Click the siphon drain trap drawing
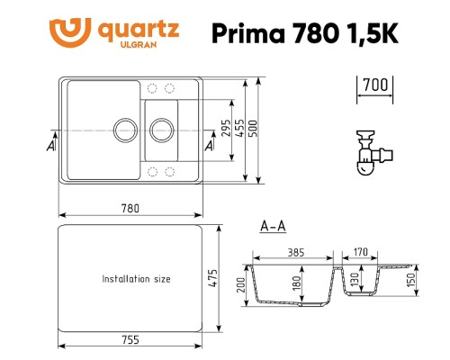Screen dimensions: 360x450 coord(365,152)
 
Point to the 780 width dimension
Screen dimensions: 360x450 coord(130,208)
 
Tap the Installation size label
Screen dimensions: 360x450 coord(136,279)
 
